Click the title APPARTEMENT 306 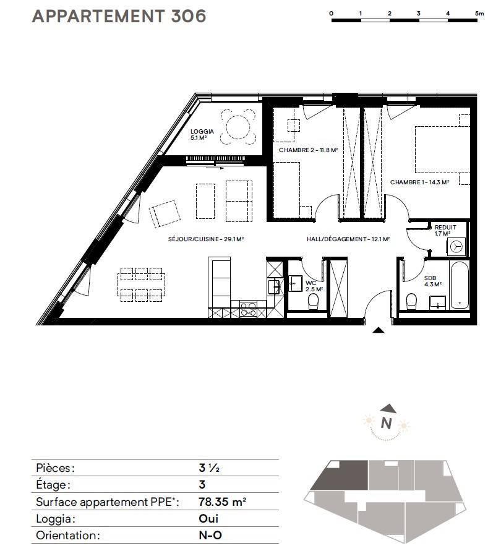(x=119, y=16)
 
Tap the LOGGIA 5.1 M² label (x=202, y=135)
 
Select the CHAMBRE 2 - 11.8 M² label (x=308, y=150)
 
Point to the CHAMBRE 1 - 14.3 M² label (x=419, y=182)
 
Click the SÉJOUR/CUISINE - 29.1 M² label (x=206, y=239)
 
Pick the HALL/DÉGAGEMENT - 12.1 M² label (x=348, y=239)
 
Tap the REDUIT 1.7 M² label (x=445, y=230)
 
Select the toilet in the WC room (x=314, y=302)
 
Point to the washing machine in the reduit (x=456, y=246)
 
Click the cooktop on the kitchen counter (x=248, y=309)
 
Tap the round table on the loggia (x=238, y=127)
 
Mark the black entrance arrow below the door (x=379, y=330)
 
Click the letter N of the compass (x=386, y=424)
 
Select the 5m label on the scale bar (x=479, y=14)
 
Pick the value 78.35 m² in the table (x=222, y=502)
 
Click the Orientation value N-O (x=210, y=535)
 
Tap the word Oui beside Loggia (x=208, y=518)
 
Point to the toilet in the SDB (x=411, y=301)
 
